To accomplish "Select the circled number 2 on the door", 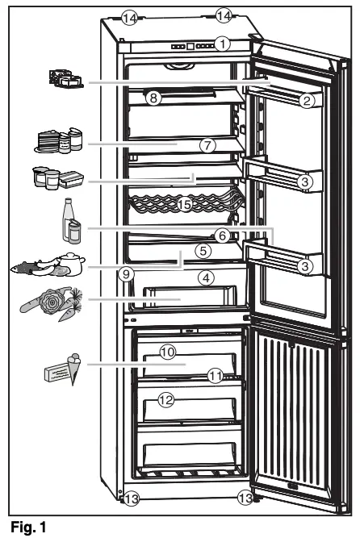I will tap(305, 100).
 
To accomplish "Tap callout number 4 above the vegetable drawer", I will tap(207, 277).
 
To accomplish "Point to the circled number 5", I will tap(203, 251).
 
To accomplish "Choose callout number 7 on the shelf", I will tap(207, 146).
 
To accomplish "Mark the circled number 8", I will tap(153, 97).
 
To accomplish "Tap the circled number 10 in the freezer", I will tap(167, 352).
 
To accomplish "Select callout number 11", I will tap(214, 375).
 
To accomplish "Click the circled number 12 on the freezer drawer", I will tap(166, 398).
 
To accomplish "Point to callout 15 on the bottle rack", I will tap(185, 206).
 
